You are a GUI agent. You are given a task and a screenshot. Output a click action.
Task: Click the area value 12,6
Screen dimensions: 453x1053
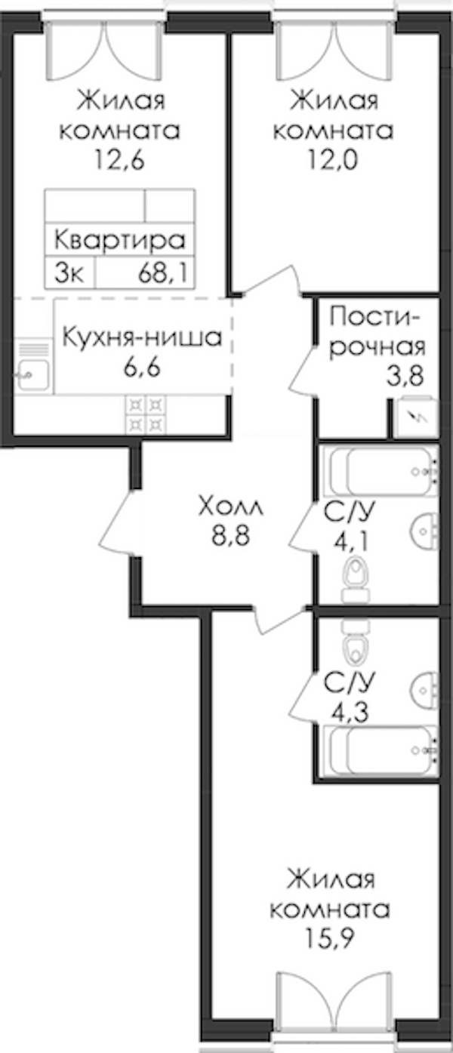pyautogui.click(x=119, y=160)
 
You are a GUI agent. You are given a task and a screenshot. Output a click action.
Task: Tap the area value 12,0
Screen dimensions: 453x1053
pyautogui.click(x=333, y=160)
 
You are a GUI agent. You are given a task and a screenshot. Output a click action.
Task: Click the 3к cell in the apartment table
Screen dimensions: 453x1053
pyautogui.click(x=69, y=272)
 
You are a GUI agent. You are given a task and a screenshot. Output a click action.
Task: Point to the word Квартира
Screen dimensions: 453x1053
pyautogui.click(x=119, y=240)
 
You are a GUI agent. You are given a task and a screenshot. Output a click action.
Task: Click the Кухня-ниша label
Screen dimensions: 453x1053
pyautogui.click(x=142, y=337)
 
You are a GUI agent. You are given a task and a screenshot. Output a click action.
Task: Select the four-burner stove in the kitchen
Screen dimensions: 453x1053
pyautogui.click(x=146, y=414)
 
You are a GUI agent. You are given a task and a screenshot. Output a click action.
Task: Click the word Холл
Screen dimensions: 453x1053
pyautogui.click(x=231, y=507)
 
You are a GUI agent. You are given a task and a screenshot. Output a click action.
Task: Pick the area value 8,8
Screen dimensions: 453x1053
pyautogui.click(x=230, y=535)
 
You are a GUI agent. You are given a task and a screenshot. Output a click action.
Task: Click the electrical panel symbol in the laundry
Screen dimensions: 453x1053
pyautogui.click(x=416, y=418)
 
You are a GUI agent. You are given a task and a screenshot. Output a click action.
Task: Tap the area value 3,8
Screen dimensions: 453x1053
pyautogui.click(x=405, y=376)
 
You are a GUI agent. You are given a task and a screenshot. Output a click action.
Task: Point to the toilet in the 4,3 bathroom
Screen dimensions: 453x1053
pyautogui.click(x=356, y=642)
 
